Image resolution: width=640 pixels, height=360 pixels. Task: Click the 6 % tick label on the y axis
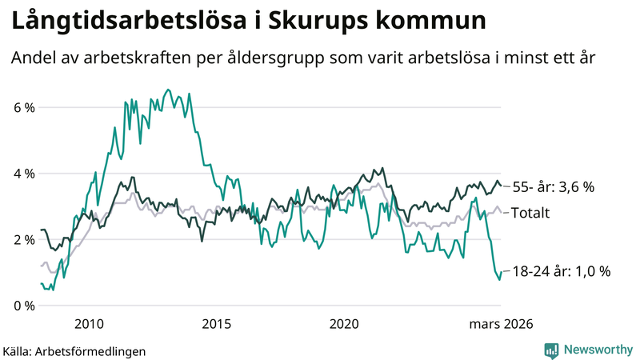click(23, 107)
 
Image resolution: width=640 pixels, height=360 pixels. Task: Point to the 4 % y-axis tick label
click(23, 174)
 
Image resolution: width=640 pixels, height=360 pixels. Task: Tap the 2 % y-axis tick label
click(23, 239)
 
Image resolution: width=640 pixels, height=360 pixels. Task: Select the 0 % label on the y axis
click(23, 306)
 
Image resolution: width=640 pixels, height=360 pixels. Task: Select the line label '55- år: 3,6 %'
click(553, 186)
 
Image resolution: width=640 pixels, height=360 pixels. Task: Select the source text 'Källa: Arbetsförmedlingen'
click(74, 350)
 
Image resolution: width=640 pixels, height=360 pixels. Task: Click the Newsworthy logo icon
click(551, 350)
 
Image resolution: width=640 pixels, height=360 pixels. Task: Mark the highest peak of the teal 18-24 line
click(167, 90)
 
